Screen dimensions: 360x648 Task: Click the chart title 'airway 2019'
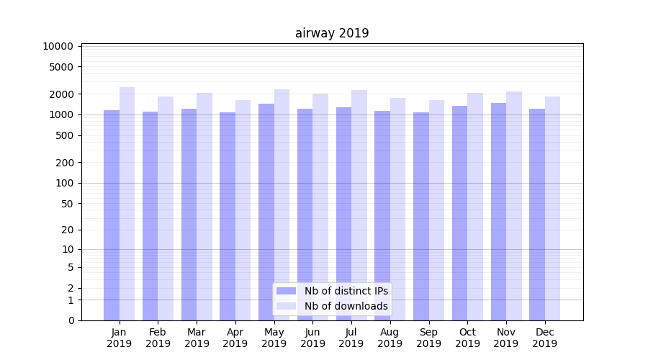pos(332,33)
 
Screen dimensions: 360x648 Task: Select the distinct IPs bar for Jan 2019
pos(112,216)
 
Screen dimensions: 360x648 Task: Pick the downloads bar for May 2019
pos(282,205)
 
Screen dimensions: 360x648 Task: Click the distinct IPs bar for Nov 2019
pos(498,212)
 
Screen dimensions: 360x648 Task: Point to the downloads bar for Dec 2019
pos(553,209)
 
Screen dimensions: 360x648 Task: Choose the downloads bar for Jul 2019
pos(359,205)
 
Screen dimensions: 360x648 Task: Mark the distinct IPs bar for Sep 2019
pos(421,216)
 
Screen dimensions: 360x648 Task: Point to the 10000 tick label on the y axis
pos(58,46)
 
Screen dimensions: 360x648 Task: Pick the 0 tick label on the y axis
pos(71,320)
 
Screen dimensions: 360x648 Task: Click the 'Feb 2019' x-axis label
pos(158,338)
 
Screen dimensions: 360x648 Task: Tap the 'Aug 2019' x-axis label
pos(390,338)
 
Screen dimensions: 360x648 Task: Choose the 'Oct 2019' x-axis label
pos(467,338)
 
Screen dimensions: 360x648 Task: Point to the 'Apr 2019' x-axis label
pos(235,338)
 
